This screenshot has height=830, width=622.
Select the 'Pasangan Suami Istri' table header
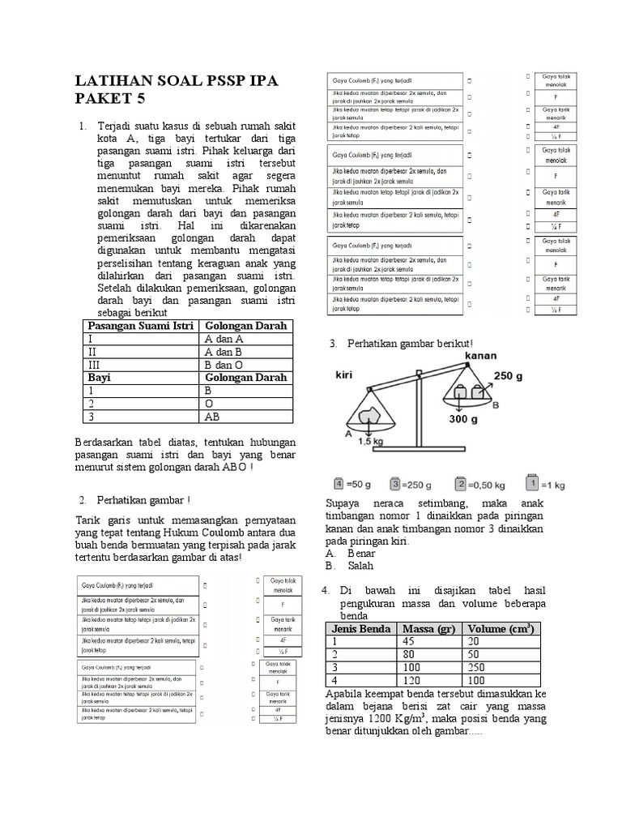[x=139, y=325]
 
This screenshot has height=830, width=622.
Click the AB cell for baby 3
[x=215, y=417]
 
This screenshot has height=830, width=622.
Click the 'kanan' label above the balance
[x=481, y=355]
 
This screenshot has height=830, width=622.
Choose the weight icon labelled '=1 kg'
[x=532, y=484]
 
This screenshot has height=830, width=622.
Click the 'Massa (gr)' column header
[x=428, y=628]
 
